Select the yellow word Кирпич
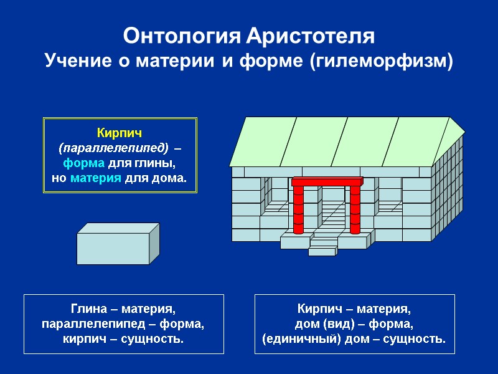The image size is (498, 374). tap(119, 133)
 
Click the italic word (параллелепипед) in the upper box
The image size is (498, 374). tap(113, 148)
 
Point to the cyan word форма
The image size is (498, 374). tap(85, 163)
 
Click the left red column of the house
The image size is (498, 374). tap(298, 208)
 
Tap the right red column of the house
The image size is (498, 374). tap(355, 208)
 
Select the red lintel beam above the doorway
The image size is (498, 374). tap(327, 181)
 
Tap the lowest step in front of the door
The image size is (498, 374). tap(322, 252)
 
